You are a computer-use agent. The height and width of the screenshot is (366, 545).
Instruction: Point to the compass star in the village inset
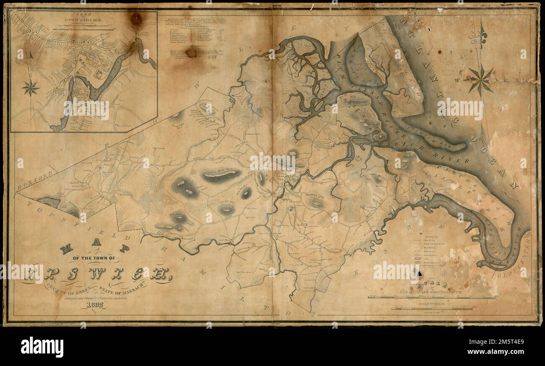click(x=31, y=88)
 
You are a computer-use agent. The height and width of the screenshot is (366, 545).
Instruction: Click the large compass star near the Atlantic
click(x=480, y=79)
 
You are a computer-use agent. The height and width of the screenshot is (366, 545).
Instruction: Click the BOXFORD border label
click(x=36, y=179)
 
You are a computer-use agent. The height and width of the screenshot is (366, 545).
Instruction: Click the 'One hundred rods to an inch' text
click(x=432, y=293)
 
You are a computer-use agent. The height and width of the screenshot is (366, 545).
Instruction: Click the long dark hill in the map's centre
click(x=221, y=174)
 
